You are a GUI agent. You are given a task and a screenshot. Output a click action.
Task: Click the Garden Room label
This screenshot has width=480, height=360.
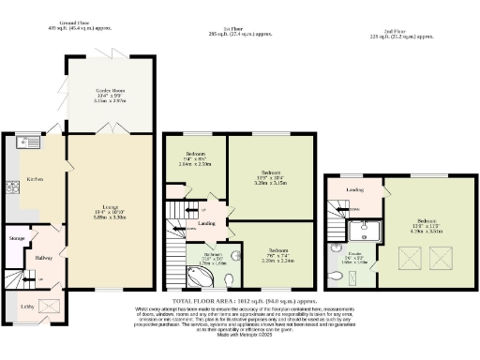tap(111, 91)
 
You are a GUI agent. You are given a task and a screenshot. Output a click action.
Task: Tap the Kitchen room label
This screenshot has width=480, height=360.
tap(34, 178)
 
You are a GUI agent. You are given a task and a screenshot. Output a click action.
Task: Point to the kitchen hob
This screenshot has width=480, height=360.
tap(13, 187)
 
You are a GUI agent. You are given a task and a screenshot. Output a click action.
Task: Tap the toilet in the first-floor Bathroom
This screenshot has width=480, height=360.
tap(235, 253)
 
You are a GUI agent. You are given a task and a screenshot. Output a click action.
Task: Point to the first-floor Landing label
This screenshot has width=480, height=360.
tap(208, 222)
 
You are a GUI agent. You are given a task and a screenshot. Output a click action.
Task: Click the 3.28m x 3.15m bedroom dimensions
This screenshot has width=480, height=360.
tap(272, 182)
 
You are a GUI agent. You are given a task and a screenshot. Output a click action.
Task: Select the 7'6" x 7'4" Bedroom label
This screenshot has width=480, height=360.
tap(277, 251)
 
